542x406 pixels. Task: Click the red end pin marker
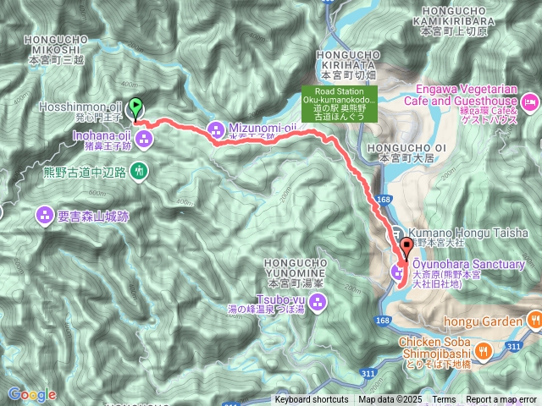click(x=406, y=248)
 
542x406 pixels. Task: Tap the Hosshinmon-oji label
click(x=80, y=107)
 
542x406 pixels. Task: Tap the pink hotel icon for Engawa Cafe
click(x=532, y=102)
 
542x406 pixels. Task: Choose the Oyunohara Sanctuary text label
click(x=468, y=265)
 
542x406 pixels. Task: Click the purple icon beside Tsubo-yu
click(x=317, y=304)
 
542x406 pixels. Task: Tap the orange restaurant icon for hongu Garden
click(x=534, y=320)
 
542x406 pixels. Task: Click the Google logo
click(x=31, y=394)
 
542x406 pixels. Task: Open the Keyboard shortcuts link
click(x=311, y=400)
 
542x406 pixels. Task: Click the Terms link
click(x=444, y=400)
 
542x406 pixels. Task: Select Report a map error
click(x=503, y=400)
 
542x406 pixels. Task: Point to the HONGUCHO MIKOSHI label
click(x=56, y=44)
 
